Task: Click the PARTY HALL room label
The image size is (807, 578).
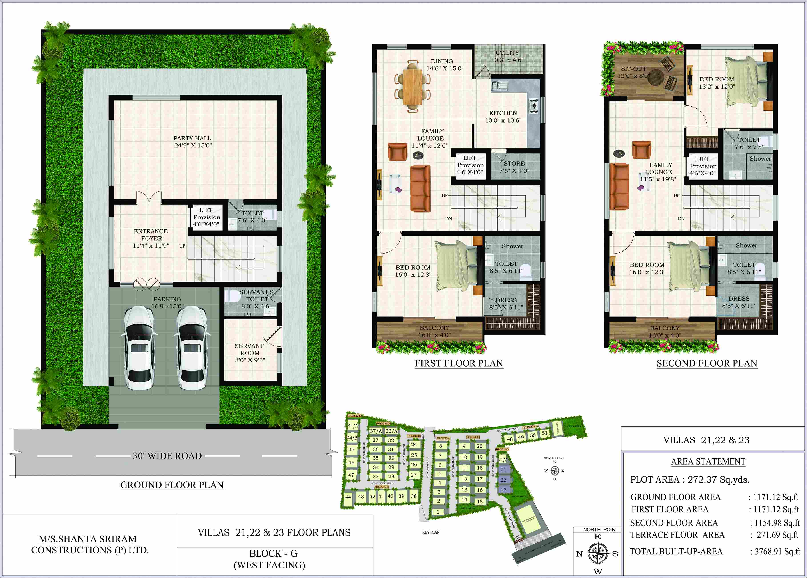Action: pyautogui.click(x=192, y=141)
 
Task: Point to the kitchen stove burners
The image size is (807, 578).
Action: pyautogui.click(x=533, y=106)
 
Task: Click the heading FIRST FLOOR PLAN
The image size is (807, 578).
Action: pyautogui.click(x=459, y=363)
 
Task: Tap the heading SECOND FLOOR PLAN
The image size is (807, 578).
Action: pyautogui.click(x=707, y=363)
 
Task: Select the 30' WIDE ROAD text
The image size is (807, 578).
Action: pyautogui.click(x=167, y=456)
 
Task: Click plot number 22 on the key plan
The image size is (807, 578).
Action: pyautogui.click(x=503, y=480)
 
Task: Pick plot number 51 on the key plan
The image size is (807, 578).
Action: pyautogui.click(x=544, y=433)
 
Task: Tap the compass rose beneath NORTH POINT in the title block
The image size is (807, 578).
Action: pyautogui.click(x=598, y=554)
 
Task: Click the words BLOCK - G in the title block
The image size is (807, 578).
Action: pyautogui.click(x=273, y=554)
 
